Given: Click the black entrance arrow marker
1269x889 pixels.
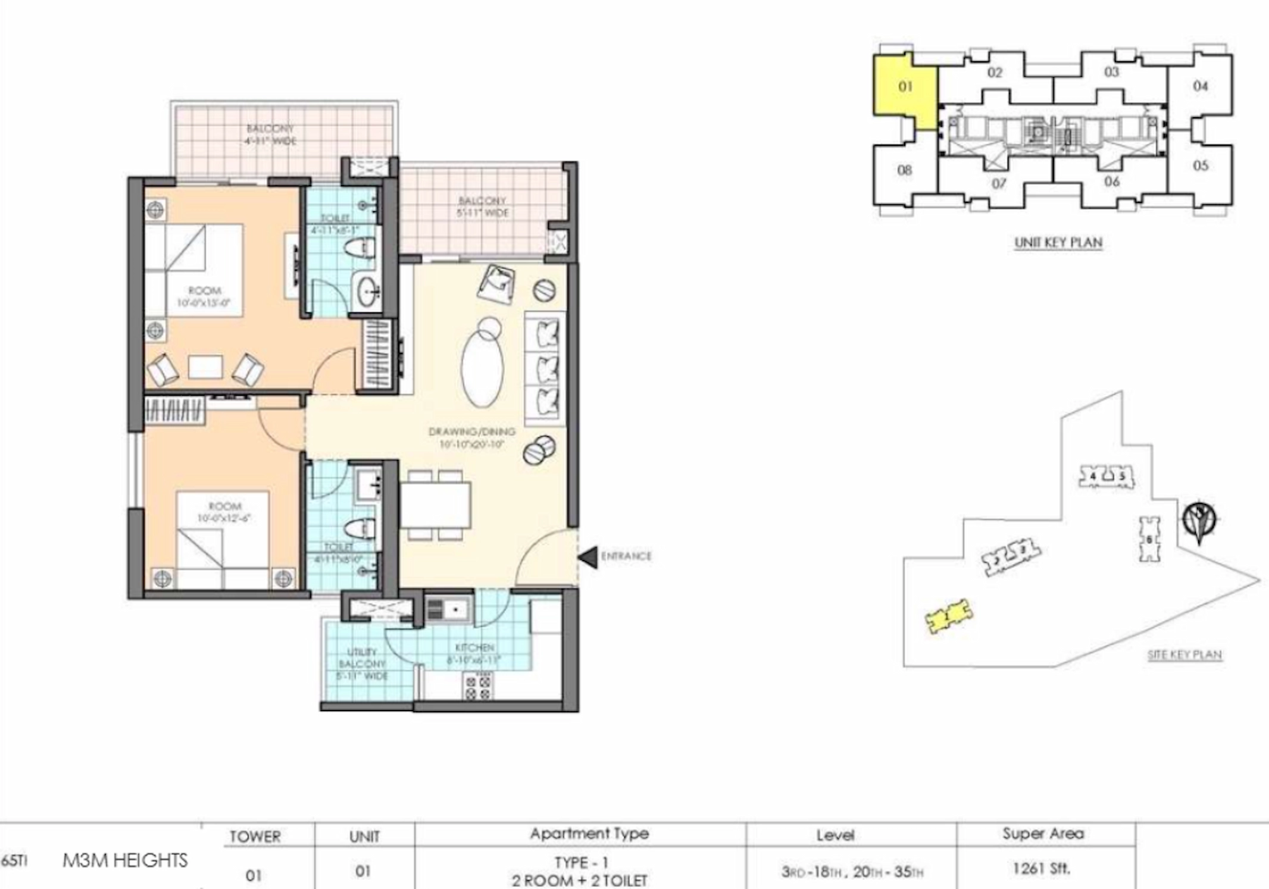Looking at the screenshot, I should click(588, 557).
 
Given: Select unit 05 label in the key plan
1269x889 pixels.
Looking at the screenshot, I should click(1200, 165).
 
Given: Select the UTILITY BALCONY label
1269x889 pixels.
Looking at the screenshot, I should click(362, 663).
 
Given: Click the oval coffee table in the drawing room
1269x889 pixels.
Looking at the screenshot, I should click(482, 369).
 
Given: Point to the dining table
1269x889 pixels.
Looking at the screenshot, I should click(436, 505).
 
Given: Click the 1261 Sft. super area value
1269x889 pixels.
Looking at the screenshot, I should click(1042, 869).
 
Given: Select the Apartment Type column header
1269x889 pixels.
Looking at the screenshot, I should click(589, 834).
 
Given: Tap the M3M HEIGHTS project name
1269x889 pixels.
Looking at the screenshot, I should click(125, 860).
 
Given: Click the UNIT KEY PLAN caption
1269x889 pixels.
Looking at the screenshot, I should click(1058, 243).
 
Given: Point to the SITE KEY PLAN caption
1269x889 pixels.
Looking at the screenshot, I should click(1184, 655).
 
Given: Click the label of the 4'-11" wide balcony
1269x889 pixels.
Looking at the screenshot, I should click(270, 135).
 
